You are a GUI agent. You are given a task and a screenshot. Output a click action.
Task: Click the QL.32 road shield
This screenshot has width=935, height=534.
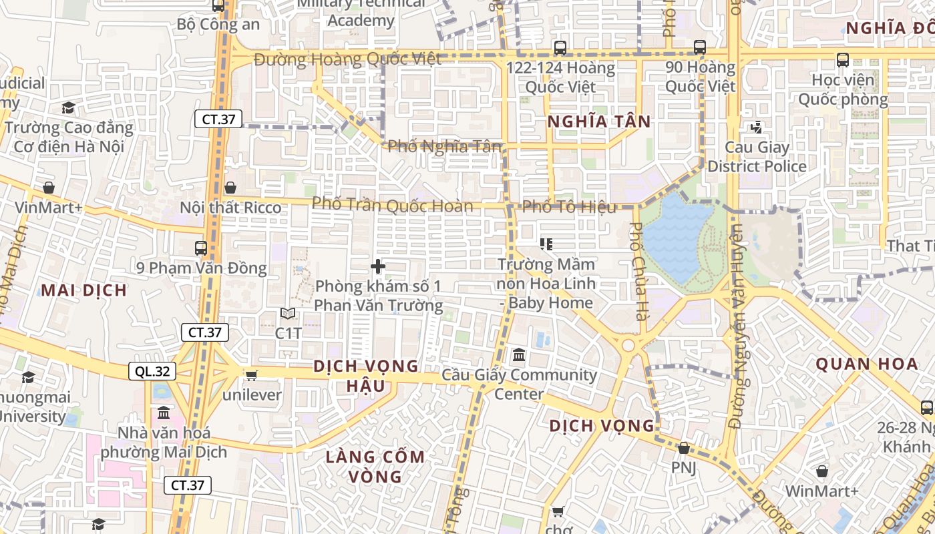(148, 372)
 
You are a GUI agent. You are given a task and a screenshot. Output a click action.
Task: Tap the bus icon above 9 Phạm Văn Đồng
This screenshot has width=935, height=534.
(201, 248)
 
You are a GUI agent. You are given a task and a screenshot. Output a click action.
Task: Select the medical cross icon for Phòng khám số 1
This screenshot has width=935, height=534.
(378, 267)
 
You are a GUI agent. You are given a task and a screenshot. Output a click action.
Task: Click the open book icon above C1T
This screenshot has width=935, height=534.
(288, 313)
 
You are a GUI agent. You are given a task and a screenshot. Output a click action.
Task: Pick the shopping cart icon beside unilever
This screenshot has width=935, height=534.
(251, 376)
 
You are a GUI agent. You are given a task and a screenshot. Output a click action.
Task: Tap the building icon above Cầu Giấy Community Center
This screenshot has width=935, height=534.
(519, 354)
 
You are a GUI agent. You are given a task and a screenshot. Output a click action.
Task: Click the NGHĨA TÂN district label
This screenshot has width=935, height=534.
(599, 121)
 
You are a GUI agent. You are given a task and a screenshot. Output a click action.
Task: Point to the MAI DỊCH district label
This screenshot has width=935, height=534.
(83, 290)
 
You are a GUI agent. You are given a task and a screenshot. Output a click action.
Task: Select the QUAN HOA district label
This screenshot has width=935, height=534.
(867, 364)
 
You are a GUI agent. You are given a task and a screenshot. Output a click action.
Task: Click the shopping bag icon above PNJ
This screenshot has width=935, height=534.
(683, 448)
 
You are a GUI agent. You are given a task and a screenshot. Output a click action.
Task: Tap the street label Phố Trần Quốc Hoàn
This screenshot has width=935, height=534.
(393, 204)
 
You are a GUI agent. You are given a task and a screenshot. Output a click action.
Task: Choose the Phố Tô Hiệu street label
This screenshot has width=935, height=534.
(570, 207)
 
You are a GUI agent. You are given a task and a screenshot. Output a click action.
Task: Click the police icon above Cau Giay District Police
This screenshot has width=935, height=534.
(757, 127)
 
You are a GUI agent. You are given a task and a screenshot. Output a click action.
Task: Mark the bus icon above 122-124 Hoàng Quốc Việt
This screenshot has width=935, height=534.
(560, 48)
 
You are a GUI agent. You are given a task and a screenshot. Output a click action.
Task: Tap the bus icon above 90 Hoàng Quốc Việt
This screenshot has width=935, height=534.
(700, 47)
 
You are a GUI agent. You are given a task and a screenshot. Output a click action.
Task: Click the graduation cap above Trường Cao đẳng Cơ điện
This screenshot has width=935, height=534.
(68, 107)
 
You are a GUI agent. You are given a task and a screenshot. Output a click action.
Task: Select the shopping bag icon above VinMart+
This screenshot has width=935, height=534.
(48, 188)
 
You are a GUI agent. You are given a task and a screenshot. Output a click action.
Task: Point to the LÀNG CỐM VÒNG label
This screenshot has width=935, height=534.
(375, 467)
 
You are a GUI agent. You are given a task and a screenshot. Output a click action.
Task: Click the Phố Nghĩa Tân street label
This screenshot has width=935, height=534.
(444, 146)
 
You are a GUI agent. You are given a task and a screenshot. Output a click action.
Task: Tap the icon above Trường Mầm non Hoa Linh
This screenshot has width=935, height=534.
(546, 244)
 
